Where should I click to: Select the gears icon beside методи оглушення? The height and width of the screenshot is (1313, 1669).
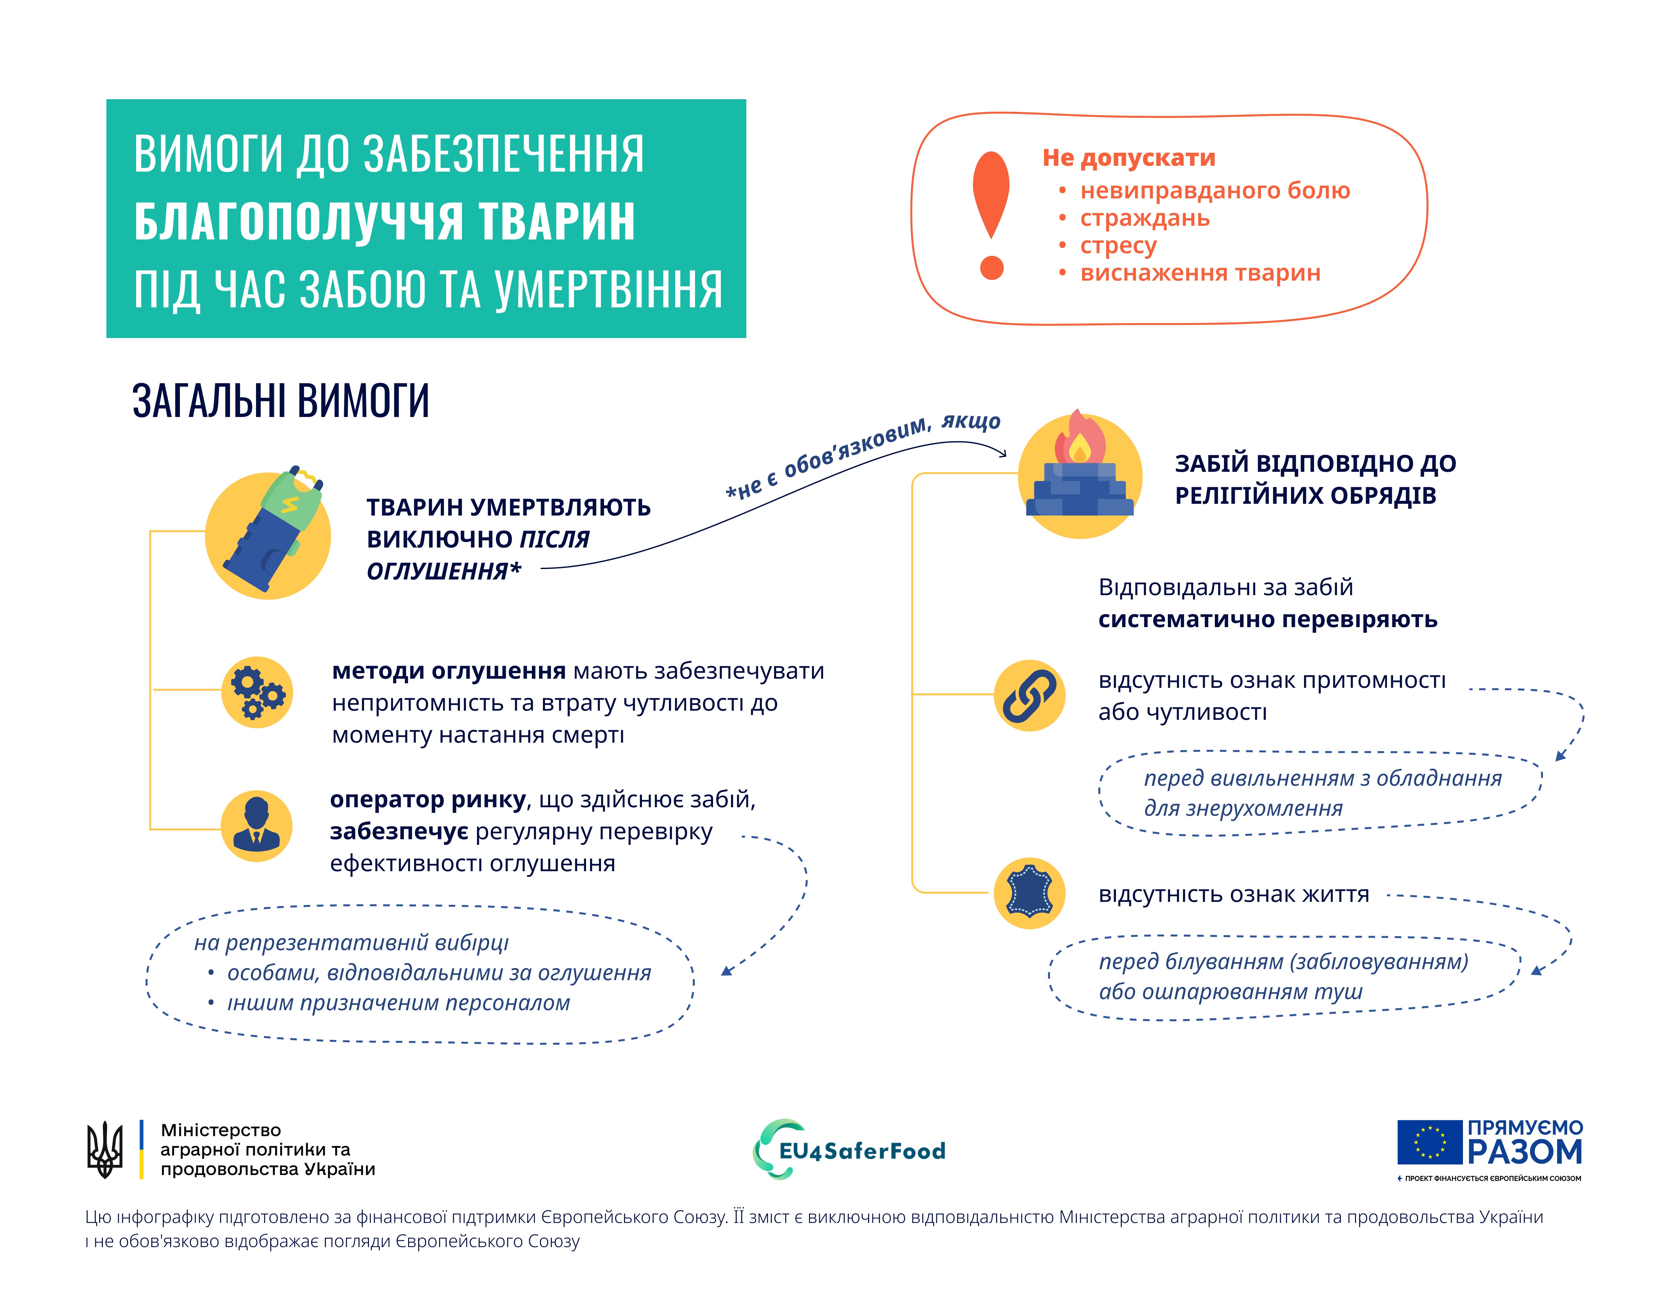pos(257,692)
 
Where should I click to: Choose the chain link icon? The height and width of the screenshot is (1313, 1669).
pos(1029,695)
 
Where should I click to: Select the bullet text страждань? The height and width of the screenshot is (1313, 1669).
pos(1144,218)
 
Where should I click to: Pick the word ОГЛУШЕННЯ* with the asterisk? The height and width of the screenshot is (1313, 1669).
pos(444,571)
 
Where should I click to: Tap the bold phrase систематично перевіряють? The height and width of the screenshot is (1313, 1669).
pos(1267,620)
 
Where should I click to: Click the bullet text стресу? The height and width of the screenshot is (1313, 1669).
pos(1118,246)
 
